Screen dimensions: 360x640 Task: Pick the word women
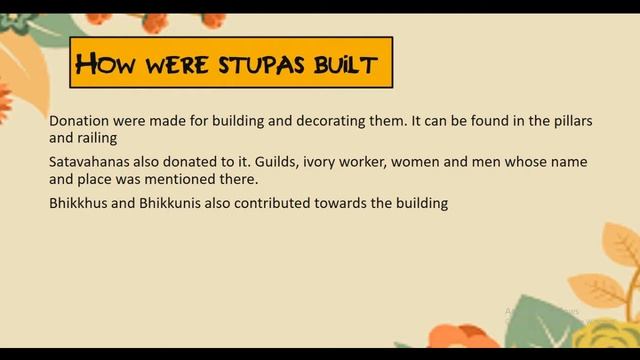coord(416,161)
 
